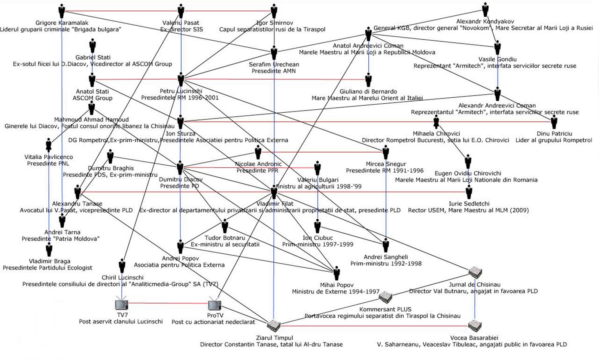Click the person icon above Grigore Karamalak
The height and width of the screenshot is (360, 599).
[62, 11]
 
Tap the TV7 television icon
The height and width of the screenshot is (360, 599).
[122, 305]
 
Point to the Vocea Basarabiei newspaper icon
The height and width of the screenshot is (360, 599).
[475, 326]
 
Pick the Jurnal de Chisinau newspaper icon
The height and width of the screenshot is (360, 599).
[475, 273]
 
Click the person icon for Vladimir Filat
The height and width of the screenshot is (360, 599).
[274, 192]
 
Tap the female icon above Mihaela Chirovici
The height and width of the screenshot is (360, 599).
[436, 122]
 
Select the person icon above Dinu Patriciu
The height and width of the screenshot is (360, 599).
[554, 122]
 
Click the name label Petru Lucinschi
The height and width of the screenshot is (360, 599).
[181, 91]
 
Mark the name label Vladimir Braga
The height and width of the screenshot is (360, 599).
[49, 261]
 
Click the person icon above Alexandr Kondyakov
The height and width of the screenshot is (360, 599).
[485, 10]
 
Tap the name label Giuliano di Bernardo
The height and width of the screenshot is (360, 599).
[368, 91]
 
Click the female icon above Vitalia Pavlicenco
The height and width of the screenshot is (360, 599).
[49, 145]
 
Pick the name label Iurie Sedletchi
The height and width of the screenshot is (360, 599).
[469, 204]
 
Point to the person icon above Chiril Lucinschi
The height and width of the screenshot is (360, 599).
[122, 266]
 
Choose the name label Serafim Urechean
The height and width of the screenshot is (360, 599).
[274, 64]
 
